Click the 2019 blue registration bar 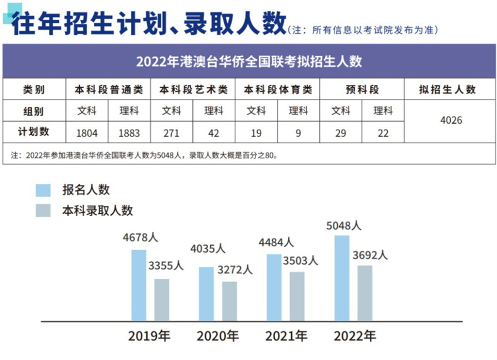point(139,285)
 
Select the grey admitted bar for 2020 point(229,300)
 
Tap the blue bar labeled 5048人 point(342,277)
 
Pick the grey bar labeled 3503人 point(297,296)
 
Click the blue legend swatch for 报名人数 point(43,190)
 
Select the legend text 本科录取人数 point(97,210)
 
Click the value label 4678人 point(140,237)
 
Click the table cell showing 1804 point(87,133)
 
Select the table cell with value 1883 point(129,133)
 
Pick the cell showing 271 point(171,133)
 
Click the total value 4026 point(451,121)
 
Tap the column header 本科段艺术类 point(192,90)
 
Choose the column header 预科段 point(362,90)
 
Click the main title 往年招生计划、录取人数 point(147,24)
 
